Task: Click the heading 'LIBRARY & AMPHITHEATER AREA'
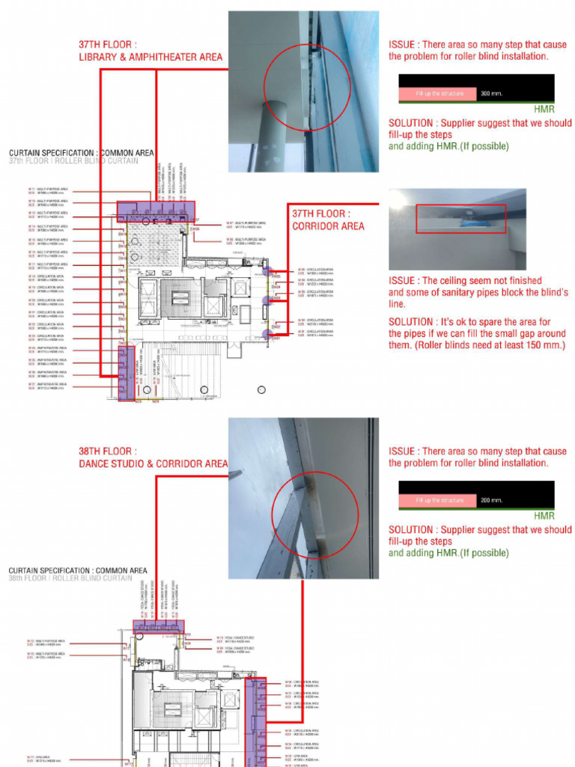[x=150, y=57]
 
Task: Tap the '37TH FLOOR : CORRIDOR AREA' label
[x=328, y=219]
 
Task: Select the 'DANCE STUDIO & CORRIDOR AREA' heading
[x=153, y=464]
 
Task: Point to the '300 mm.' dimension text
[x=491, y=94]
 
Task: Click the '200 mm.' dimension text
[x=491, y=500]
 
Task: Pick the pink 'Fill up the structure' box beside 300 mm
[x=438, y=94]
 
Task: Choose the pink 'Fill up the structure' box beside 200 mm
[x=438, y=500]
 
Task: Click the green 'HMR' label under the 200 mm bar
[x=544, y=515]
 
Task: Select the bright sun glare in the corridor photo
[x=398, y=200]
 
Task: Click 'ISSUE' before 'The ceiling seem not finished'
[x=401, y=281]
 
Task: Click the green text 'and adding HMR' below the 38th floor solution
[x=423, y=553]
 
